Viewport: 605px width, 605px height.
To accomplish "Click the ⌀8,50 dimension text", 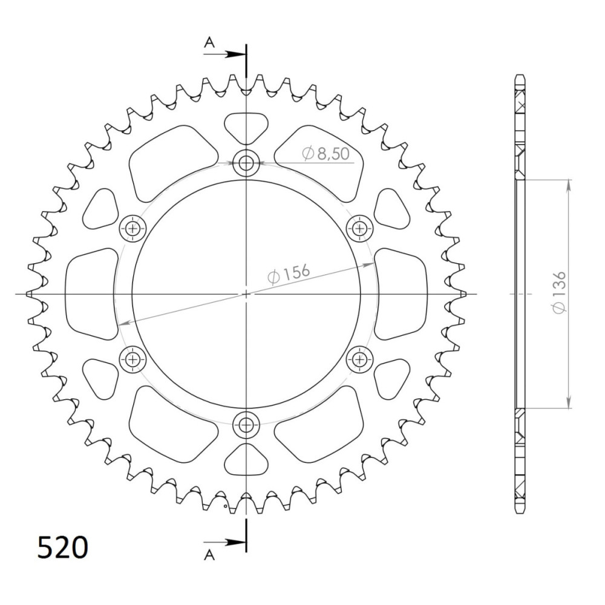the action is tap(326, 154).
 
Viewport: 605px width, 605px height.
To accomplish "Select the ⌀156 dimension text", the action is tap(289, 273).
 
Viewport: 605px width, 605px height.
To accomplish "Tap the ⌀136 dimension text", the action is tap(559, 292).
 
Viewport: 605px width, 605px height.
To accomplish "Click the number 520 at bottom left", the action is tap(63, 547).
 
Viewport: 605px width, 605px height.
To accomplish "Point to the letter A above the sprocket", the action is tap(209, 42).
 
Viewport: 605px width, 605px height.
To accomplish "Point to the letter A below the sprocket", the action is tap(209, 555).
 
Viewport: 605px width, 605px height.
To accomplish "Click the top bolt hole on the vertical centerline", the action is tap(246, 163).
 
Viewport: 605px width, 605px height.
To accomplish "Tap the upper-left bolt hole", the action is tap(133, 229).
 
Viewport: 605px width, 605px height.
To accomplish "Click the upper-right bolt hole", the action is tap(359, 229).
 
